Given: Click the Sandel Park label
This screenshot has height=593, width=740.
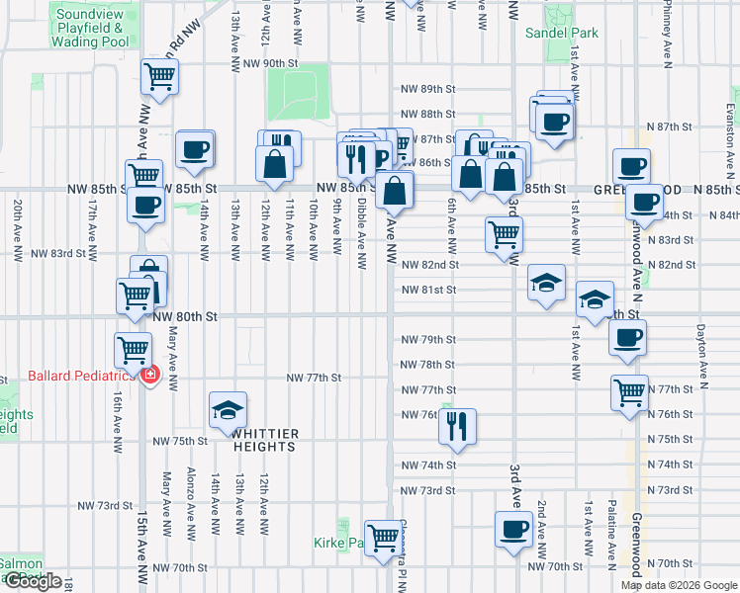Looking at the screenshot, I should [562, 33].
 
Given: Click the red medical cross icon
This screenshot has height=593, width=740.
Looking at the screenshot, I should [149, 377].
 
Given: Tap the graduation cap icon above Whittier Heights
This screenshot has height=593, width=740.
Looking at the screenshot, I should [228, 409].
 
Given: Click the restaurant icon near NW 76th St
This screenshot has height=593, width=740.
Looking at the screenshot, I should [456, 425].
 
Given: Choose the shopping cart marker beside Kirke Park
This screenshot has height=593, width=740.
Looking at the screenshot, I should [383, 539].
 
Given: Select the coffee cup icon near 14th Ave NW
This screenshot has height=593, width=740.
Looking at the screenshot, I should [195, 149].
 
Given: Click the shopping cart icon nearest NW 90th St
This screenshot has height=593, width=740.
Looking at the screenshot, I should [159, 76].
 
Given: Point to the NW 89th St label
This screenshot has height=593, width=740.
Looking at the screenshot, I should [428, 89].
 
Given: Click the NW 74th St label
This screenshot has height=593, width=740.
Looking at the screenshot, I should [428, 465].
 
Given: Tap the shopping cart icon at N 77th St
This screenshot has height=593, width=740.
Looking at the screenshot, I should [629, 392].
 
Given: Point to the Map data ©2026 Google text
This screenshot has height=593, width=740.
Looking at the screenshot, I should [678, 585].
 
